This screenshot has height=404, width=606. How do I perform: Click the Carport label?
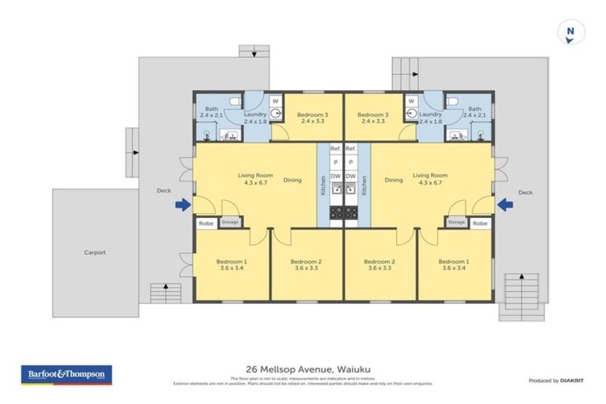click(x=95, y=252)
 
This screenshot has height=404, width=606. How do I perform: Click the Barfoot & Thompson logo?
click(x=66, y=374)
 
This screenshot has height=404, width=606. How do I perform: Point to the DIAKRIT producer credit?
click(x=563, y=380)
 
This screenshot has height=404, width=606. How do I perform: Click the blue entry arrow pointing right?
click(x=182, y=205)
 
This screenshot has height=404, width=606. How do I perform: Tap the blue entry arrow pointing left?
click(x=505, y=205)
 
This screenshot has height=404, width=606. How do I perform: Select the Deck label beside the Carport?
click(x=163, y=191)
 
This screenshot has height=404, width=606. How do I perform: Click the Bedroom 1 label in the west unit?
click(x=234, y=261)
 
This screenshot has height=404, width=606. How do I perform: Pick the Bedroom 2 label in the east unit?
click(x=380, y=261)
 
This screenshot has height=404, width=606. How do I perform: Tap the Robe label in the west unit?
click(x=206, y=223)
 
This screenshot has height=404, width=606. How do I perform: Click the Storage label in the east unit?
click(x=456, y=223)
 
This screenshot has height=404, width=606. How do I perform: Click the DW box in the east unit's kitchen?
click(x=351, y=175)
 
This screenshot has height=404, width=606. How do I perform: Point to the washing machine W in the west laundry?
click(x=275, y=101)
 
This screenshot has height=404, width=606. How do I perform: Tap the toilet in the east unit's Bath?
click(x=451, y=103)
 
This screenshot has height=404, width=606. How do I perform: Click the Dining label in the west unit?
click(x=293, y=180)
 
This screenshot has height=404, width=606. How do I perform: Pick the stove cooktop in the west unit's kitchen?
click(x=335, y=211)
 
